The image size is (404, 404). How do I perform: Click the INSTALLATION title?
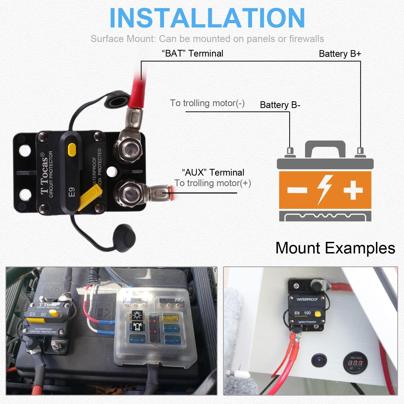[x=207, y=18]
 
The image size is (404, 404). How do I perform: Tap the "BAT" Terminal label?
[x=192, y=53]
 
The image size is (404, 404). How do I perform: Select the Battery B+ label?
[x=340, y=54]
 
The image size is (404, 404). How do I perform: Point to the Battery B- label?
[x=280, y=105]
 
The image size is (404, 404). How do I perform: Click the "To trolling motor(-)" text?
[x=207, y=103]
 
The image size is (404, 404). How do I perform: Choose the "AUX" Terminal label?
[x=213, y=172]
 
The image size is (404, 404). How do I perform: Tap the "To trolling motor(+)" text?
[x=213, y=183]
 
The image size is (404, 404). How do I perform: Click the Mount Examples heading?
[x=335, y=248]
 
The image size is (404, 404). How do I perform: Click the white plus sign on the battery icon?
[x=353, y=190]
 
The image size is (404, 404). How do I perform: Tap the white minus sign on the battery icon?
[x=297, y=190]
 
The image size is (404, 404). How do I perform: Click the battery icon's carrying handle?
[x=325, y=148]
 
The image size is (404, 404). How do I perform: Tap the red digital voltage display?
[x=355, y=363]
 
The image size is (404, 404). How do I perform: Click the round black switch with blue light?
[x=319, y=360]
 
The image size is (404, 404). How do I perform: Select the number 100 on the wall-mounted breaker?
[x=307, y=313]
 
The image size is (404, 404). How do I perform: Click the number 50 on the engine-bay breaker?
[x=43, y=314]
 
